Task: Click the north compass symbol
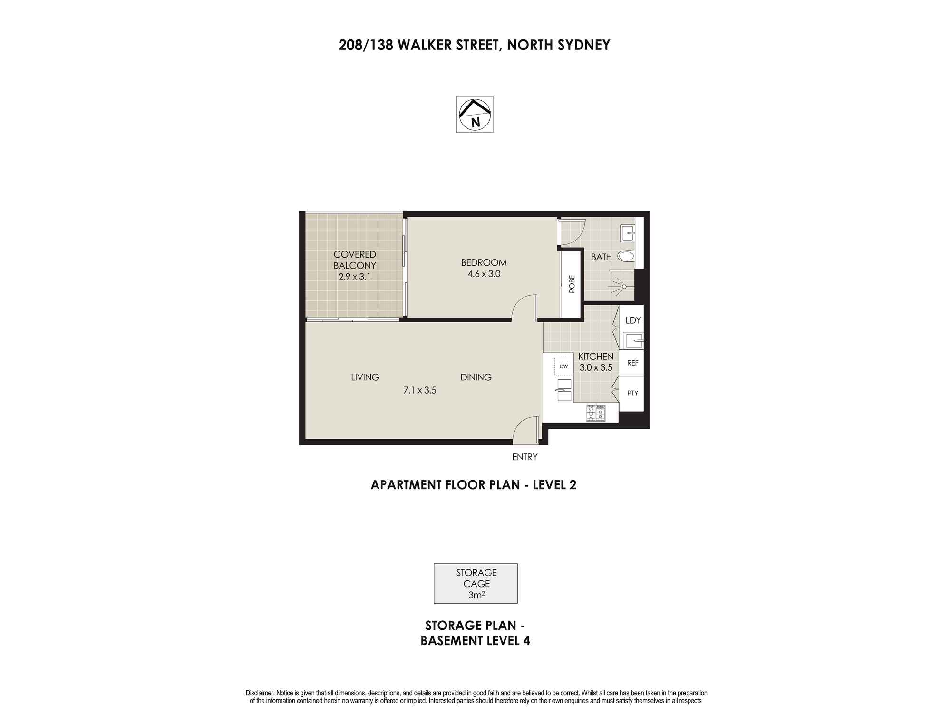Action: click(475, 115)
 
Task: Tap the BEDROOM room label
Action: click(484, 262)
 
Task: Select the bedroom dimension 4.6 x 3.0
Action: click(484, 274)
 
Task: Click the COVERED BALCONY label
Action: click(355, 260)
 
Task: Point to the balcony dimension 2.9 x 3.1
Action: click(354, 276)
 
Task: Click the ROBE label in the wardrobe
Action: click(572, 284)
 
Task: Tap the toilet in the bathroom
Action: click(626, 256)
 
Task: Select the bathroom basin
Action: click(627, 233)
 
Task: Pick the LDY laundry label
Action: click(633, 320)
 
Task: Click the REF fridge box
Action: click(631, 363)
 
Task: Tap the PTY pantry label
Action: click(632, 394)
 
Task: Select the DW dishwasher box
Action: click(564, 366)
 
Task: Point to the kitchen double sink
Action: click(564, 390)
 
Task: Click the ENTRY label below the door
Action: click(524, 457)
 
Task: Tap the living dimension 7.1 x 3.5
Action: click(420, 391)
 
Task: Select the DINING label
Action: click(476, 377)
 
